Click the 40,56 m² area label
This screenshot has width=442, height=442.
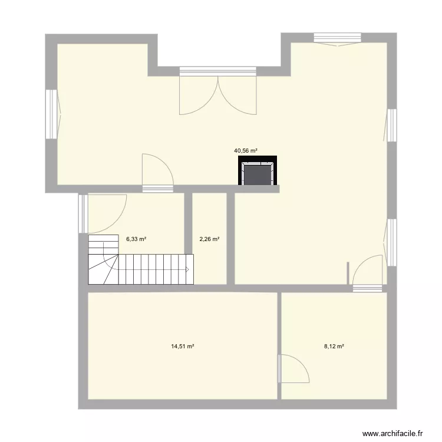point(246,151)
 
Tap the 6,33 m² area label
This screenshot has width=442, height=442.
point(136,239)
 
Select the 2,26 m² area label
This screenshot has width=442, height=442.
point(209,239)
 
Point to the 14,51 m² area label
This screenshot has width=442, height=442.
point(183,347)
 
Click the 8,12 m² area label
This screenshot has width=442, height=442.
point(334,347)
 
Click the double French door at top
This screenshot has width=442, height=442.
point(218,94)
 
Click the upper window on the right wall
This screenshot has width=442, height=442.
point(391,125)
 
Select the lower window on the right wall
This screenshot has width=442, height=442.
point(391,242)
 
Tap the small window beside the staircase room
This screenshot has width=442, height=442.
point(83,213)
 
